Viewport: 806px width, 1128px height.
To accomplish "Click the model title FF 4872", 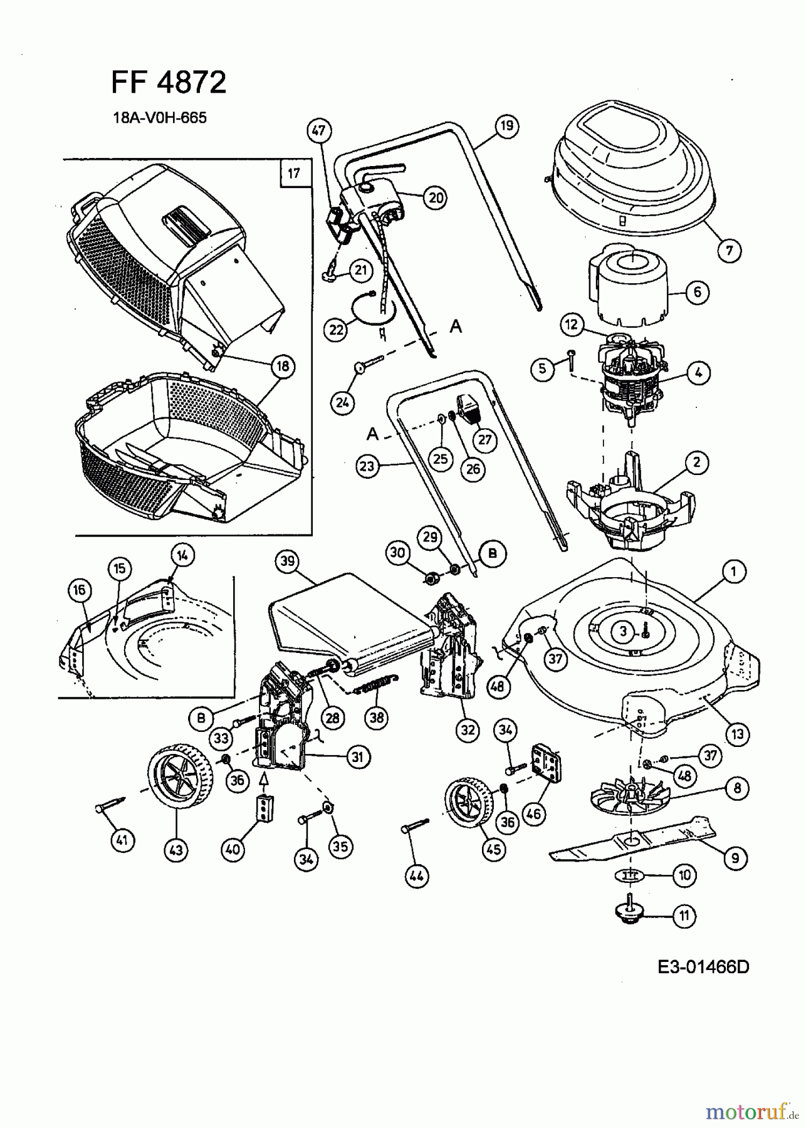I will [x=169, y=82].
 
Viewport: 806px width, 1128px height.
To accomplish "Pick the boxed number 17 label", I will [x=295, y=173].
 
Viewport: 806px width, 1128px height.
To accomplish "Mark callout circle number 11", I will [x=684, y=916].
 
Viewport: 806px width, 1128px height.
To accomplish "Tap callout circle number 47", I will [x=319, y=131].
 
